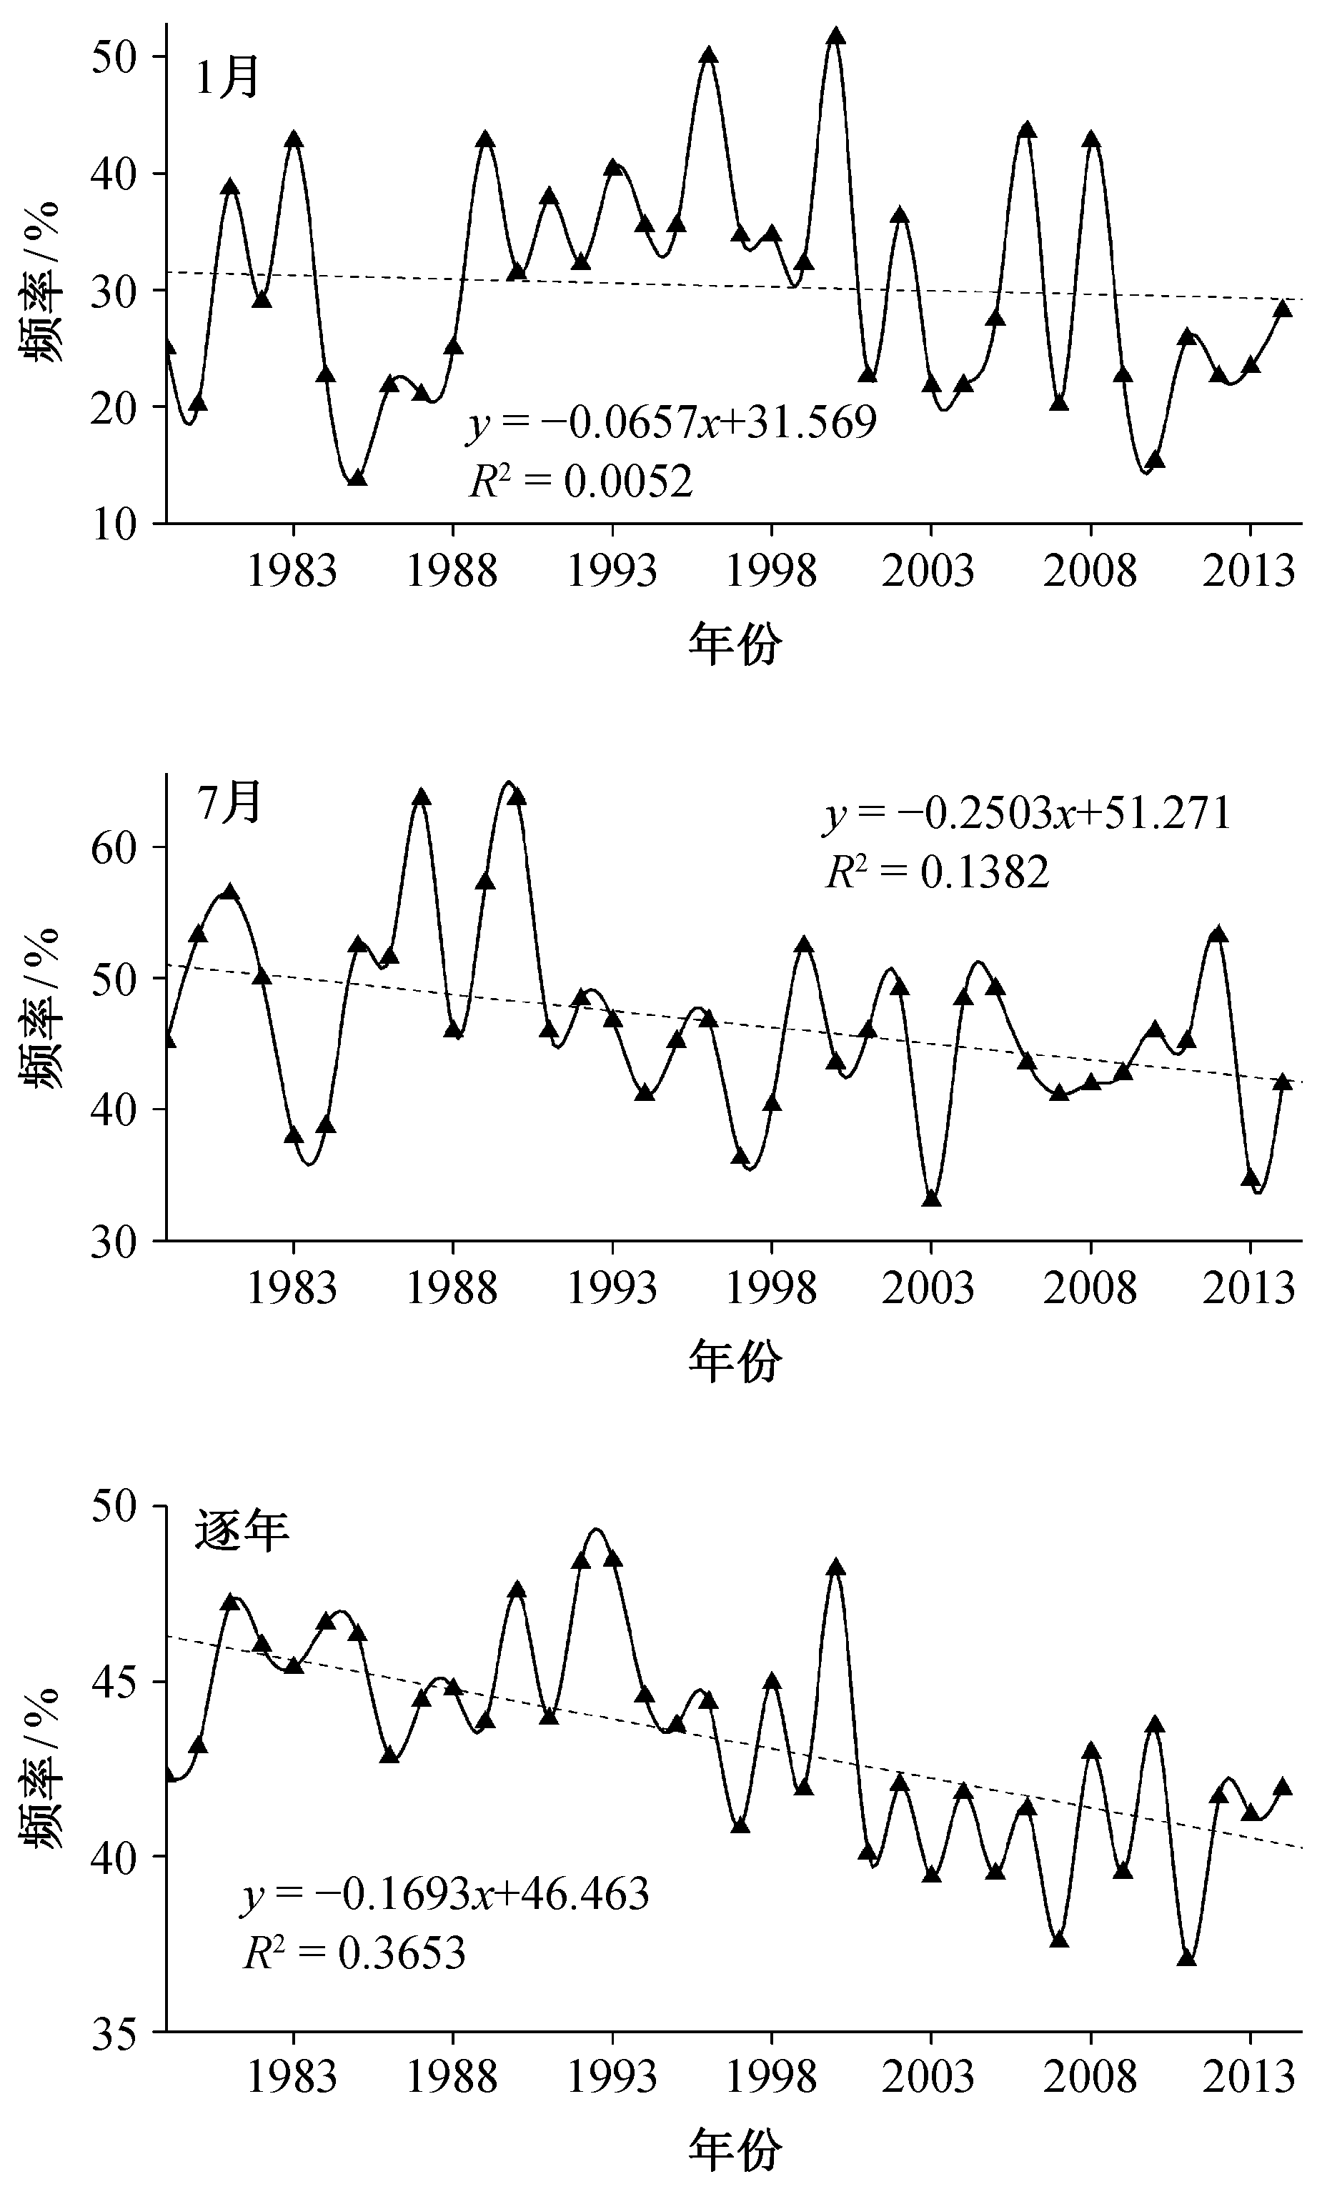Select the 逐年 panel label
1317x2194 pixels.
pyautogui.click(x=242, y=1530)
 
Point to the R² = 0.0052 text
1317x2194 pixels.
pyautogui.click(x=580, y=482)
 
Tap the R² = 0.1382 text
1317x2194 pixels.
pyautogui.click(x=937, y=872)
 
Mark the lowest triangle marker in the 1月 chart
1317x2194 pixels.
pyautogui.click(x=357, y=477)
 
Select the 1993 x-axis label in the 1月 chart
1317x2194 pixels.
pyautogui.click(x=612, y=572)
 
